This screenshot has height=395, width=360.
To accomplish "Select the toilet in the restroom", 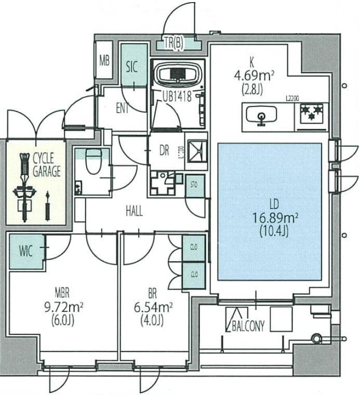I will point(94,162).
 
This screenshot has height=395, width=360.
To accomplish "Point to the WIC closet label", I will point(26,252).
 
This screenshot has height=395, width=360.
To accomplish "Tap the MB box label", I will point(104,60).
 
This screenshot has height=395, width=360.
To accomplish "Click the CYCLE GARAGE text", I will point(47,164).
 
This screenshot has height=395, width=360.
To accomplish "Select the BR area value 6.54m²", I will point(153,307).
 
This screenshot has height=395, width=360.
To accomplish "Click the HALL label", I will point(134,211).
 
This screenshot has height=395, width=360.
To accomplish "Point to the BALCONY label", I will point(248,325).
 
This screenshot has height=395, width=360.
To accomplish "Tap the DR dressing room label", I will point(164,151).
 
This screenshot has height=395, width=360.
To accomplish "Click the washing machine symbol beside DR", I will point(196,151).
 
